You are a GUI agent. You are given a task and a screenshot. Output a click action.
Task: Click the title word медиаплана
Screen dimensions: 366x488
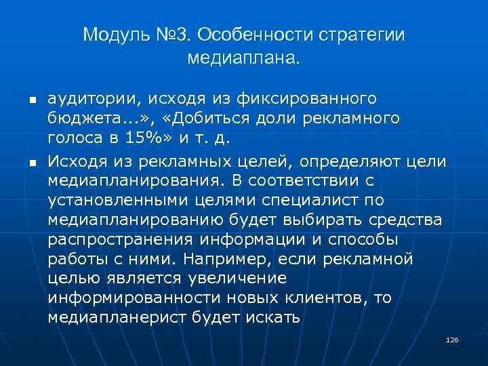[x=244, y=59]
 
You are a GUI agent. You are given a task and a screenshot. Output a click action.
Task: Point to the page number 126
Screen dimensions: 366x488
[x=453, y=339]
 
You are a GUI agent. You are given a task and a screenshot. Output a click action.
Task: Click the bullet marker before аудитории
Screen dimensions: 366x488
[x=31, y=101]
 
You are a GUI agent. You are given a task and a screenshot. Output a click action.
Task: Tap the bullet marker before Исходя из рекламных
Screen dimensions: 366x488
[x=31, y=163]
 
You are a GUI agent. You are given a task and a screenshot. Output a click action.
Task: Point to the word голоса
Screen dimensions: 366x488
[x=73, y=140]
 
